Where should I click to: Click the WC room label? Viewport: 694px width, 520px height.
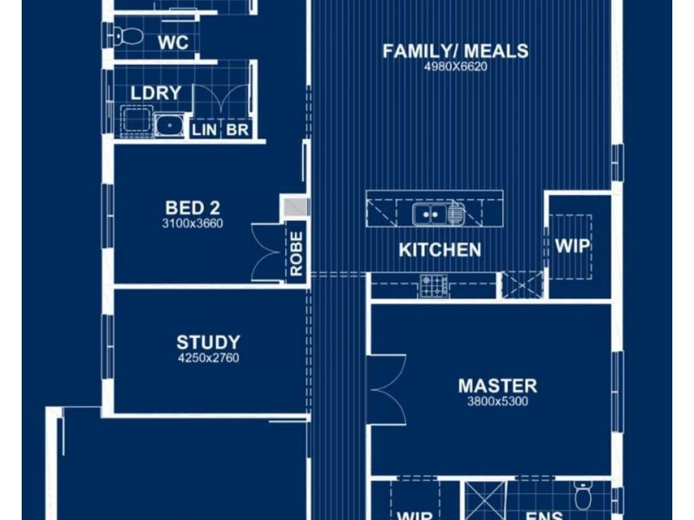(173, 42)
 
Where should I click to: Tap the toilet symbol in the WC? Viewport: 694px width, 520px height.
(128, 36)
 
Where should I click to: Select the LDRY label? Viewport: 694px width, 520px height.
(156, 94)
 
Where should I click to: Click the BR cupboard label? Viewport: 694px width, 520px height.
(236, 130)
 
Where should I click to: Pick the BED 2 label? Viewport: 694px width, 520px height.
(193, 208)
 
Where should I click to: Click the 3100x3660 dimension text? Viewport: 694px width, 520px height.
(193, 224)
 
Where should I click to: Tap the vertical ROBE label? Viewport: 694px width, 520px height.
(296, 254)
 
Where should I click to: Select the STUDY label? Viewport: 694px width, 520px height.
(208, 342)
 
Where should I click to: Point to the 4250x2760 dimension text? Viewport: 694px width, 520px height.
(208, 358)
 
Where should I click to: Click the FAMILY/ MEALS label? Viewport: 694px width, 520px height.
(455, 51)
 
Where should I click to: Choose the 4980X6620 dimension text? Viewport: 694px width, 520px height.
(455, 67)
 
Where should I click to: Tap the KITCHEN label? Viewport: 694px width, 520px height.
(440, 250)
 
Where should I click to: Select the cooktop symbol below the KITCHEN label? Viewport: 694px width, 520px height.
(434, 285)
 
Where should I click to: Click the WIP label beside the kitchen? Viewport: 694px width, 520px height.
(573, 246)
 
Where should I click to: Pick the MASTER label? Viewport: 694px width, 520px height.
(497, 386)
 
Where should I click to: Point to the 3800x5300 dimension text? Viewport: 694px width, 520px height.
(497, 401)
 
